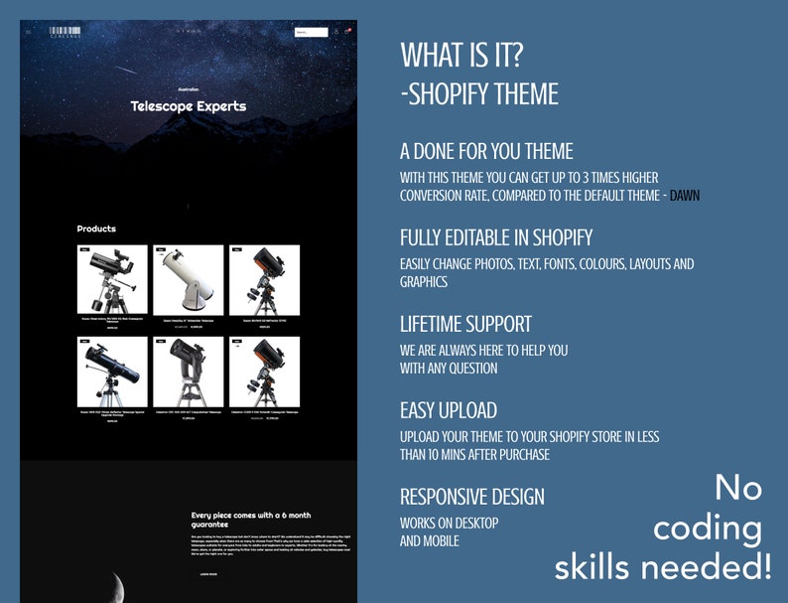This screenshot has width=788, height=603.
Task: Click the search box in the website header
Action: pos(310,32)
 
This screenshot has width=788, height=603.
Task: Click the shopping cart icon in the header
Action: pos(348,32)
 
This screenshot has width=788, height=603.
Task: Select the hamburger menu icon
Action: pos(29,32)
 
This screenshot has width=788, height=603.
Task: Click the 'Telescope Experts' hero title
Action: pos(189,106)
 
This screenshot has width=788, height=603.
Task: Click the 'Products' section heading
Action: pos(96,229)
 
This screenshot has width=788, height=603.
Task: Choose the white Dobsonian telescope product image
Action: pos(189,279)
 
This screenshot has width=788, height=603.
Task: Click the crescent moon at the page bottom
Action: pos(117,587)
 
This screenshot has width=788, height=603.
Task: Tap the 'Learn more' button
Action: pos(207,573)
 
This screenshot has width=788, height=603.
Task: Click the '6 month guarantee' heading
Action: pos(250,520)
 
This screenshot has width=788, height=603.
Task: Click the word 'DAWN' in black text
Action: pos(684,196)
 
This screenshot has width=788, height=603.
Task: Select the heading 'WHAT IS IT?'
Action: pos(461,56)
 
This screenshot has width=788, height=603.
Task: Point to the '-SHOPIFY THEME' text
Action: pos(479,94)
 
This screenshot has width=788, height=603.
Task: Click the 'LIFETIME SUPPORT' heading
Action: pos(465,324)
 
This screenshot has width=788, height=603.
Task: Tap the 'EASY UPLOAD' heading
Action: pos(449,410)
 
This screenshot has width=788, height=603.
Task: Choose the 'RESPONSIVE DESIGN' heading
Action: pos(472,497)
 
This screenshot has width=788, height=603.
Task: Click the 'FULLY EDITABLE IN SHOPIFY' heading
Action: pos(496,238)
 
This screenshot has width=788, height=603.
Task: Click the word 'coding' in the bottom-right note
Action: pos(708,529)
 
